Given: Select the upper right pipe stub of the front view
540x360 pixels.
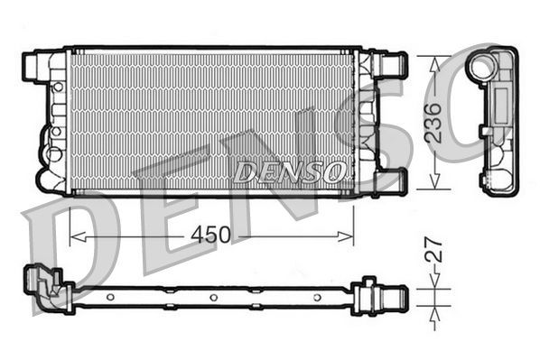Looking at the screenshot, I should tap(394, 64).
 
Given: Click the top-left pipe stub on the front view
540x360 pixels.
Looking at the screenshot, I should tap(33, 64).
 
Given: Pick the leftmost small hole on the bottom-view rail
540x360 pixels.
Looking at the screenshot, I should tap(109, 297).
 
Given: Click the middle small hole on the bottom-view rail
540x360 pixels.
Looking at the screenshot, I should tap(212, 297).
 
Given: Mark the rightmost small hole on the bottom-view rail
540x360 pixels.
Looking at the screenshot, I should tap(315, 297).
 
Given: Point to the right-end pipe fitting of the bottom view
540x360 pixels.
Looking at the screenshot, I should tap(386, 293).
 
